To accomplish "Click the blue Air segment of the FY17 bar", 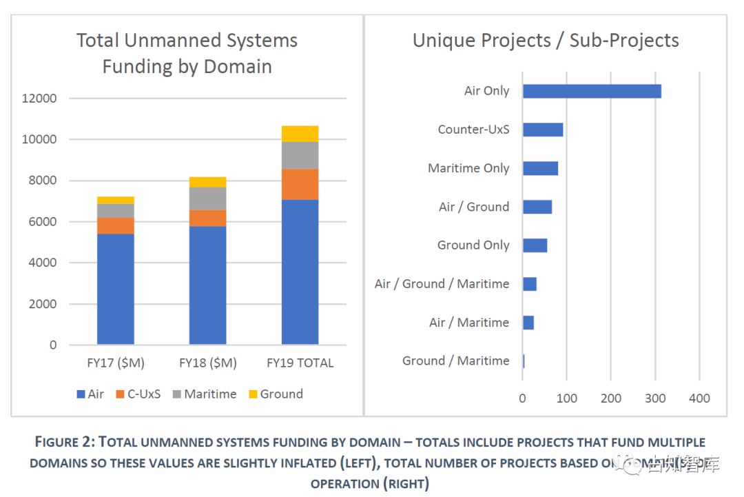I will (x=116, y=289).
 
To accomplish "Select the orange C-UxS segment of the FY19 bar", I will (x=300, y=184).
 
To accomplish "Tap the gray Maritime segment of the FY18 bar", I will (x=207, y=199).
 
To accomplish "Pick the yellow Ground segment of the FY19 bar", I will (x=300, y=134).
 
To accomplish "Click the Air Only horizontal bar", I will (x=592, y=91).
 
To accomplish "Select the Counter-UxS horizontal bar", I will (x=543, y=130).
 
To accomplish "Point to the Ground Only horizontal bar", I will (x=535, y=245).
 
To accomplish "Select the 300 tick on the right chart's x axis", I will (x=655, y=398).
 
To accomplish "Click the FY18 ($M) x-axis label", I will (x=207, y=363).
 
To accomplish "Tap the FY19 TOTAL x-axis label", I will (x=300, y=363).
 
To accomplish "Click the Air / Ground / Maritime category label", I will (x=442, y=284).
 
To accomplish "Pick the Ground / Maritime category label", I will (x=455, y=361).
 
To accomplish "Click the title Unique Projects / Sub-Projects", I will (x=546, y=41).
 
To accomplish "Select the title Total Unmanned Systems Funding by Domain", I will (x=187, y=53).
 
